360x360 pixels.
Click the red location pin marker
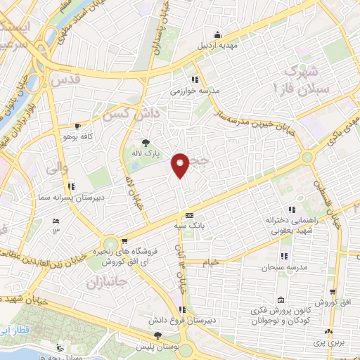pyautogui.click(x=180, y=165)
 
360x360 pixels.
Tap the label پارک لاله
pyautogui.click(x=148, y=152)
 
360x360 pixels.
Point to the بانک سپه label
pyautogui.click(x=188, y=226)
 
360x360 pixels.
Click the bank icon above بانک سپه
pyautogui.click(x=188, y=216)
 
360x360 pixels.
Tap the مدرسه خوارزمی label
pyautogui.click(x=196, y=91)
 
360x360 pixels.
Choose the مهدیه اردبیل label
pyautogui.click(x=218, y=46)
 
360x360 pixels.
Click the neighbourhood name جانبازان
pyautogui.click(x=105, y=285)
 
